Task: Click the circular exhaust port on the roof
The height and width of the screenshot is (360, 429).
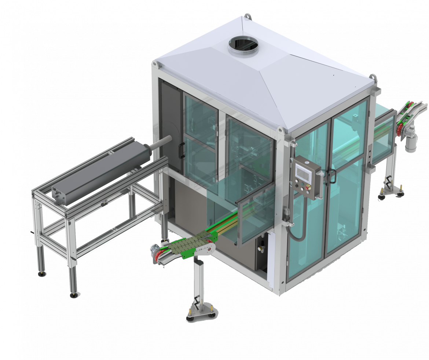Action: (243, 44)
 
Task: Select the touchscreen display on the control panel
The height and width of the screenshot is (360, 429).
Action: (304, 171)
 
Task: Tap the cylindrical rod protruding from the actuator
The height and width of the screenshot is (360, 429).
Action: (162, 142)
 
